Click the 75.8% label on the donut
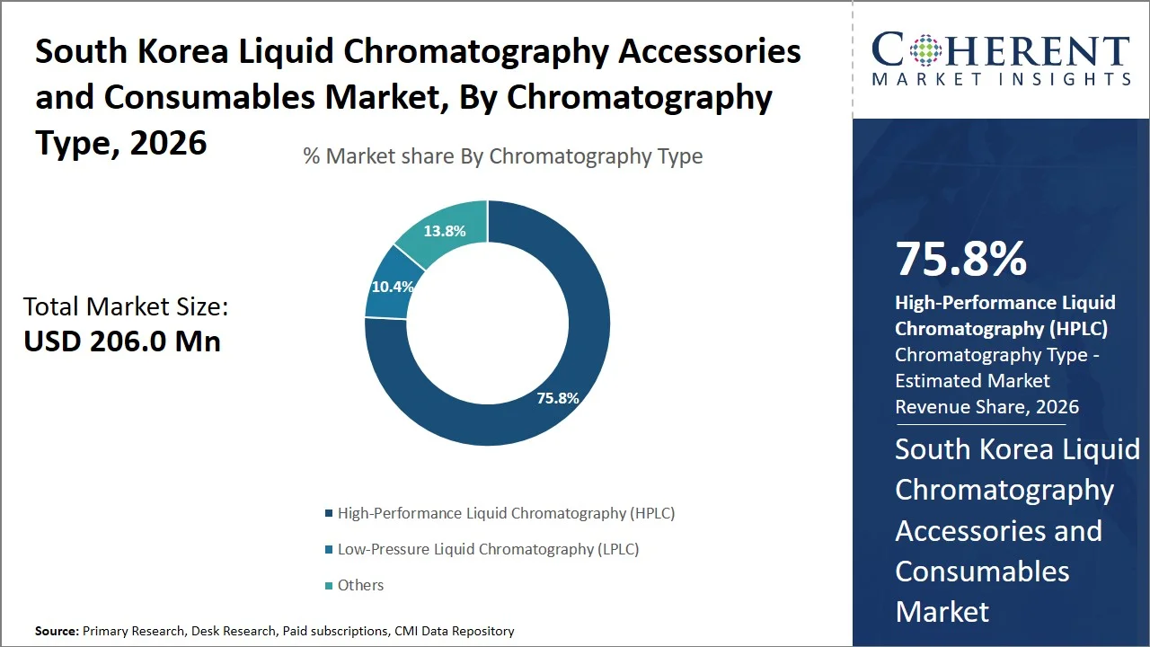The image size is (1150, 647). (x=558, y=398)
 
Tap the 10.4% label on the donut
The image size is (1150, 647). (x=393, y=288)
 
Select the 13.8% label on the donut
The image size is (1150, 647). (x=445, y=231)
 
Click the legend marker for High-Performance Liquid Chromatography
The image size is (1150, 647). (x=328, y=514)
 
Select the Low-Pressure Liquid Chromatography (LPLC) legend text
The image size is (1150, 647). (x=488, y=549)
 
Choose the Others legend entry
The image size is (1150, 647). (x=360, y=585)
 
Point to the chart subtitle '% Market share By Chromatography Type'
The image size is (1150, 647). (x=502, y=156)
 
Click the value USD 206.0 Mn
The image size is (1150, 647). (x=122, y=341)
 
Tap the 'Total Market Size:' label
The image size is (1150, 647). (x=126, y=307)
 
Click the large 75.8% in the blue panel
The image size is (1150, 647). (x=960, y=259)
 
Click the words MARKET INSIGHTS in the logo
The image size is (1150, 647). (x=1001, y=80)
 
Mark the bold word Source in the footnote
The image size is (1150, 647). (x=56, y=632)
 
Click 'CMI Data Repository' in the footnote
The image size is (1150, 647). (x=454, y=632)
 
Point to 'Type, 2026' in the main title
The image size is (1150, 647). (x=121, y=142)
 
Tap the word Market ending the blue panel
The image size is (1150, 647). (x=942, y=612)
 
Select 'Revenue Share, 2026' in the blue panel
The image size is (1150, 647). (x=986, y=407)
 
